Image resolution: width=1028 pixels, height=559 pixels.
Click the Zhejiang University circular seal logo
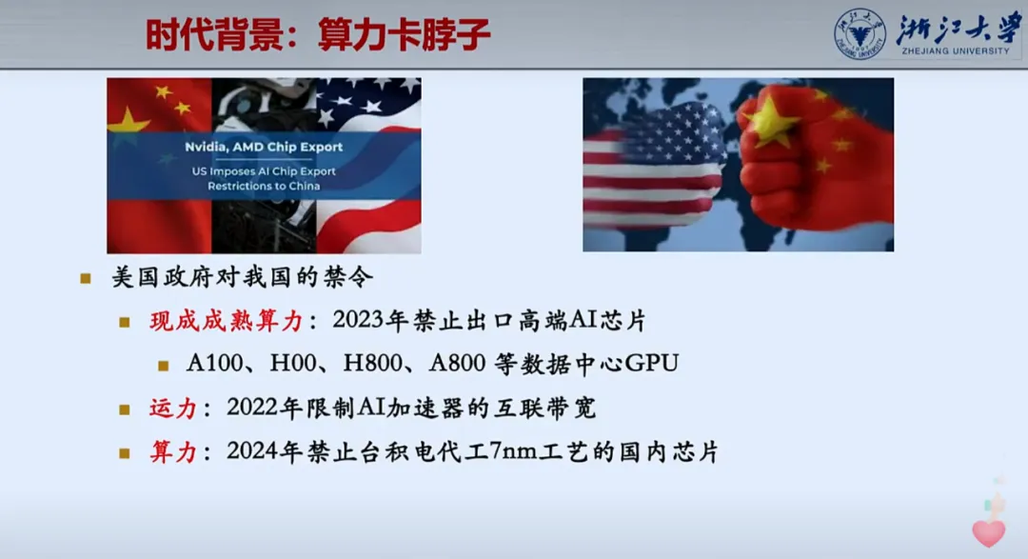(860, 33)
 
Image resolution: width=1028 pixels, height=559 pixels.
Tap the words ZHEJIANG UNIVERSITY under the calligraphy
(956, 51)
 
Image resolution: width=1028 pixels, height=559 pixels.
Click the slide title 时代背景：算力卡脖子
(318, 35)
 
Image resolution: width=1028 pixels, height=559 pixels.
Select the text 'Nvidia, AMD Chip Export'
(264, 147)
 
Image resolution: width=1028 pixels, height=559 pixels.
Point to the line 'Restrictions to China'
(264, 187)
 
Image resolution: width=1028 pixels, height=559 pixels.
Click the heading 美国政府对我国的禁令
(243, 277)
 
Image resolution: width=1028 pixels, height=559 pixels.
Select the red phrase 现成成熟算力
(227, 321)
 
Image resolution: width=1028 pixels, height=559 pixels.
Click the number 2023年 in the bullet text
(370, 320)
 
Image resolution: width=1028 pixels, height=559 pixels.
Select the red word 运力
(173, 409)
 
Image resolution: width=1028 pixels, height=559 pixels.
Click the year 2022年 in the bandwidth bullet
(265, 408)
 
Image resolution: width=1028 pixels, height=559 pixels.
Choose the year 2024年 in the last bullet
(265, 451)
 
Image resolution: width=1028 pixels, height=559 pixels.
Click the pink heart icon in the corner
(989, 532)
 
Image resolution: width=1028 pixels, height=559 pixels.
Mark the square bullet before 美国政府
(86, 279)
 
